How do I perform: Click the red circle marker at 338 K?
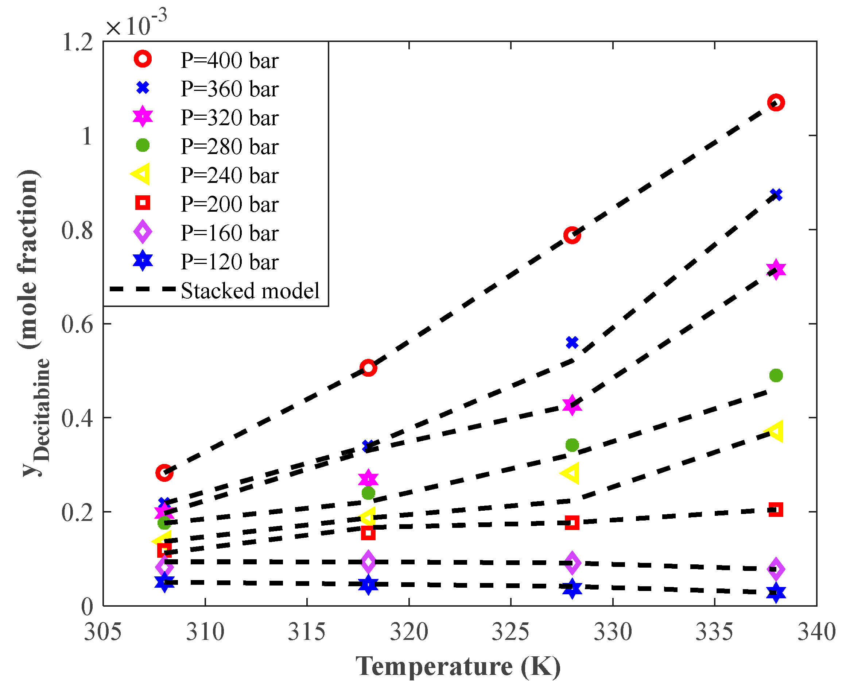(x=776, y=103)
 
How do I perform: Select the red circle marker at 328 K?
(x=572, y=235)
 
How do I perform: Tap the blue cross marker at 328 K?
(x=572, y=342)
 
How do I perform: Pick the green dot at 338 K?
(x=776, y=375)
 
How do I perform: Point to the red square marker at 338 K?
(x=776, y=510)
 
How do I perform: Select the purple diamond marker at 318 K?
(x=368, y=561)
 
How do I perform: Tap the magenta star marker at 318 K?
(x=368, y=479)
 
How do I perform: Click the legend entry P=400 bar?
(x=229, y=61)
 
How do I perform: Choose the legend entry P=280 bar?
(x=229, y=146)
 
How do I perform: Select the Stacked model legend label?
(x=250, y=291)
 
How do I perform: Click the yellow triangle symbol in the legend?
(x=141, y=174)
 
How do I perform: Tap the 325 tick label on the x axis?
(x=511, y=632)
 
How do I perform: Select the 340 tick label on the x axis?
(x=816, y=632)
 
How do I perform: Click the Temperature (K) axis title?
(x=458, y=667)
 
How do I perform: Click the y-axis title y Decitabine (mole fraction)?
(x=34, y=323)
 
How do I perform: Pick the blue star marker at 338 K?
(x=776, y=593)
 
